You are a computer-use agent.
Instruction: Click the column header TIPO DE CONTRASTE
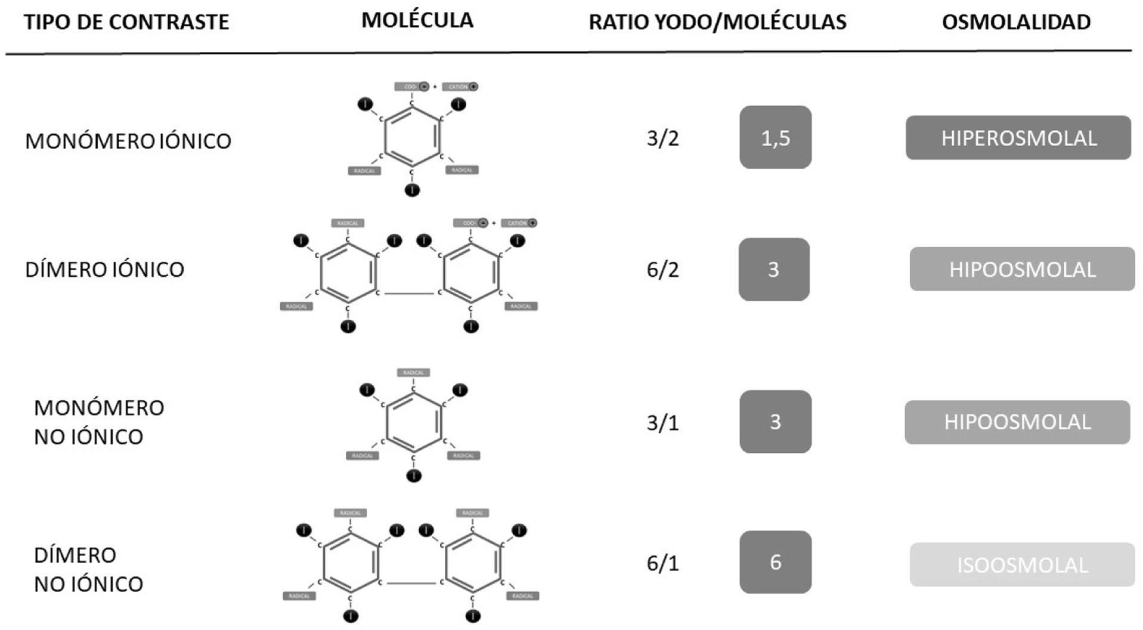point(126,22)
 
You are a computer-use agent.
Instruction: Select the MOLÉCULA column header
point(417,20)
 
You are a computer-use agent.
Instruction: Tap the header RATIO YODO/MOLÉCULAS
point(717,22)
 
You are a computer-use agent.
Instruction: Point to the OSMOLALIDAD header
point(1016,22)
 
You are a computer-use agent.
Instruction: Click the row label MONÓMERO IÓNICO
point(128,141)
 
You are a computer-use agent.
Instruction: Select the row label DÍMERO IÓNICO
point(104,270)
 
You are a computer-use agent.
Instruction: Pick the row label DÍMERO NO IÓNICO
point(88,569)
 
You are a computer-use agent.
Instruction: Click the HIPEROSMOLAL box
point(1018,138)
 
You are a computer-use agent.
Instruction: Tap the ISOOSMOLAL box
point(1022,565)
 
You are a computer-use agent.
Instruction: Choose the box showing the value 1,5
point(775,138)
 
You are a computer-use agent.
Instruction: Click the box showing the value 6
point(775,562)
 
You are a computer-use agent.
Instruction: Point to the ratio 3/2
point(662,138)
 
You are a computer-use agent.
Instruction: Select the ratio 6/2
point(662,270)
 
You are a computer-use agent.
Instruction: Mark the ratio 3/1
point(662,422)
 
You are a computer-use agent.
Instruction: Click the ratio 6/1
point(662,563)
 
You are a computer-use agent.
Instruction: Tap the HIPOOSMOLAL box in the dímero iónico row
point(1022,270)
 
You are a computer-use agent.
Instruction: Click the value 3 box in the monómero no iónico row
point(775,422)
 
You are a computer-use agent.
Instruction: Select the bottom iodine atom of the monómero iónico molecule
point(412,190)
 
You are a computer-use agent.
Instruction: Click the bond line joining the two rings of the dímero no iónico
point(411,583)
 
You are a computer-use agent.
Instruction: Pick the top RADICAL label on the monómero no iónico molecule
point(413,373)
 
